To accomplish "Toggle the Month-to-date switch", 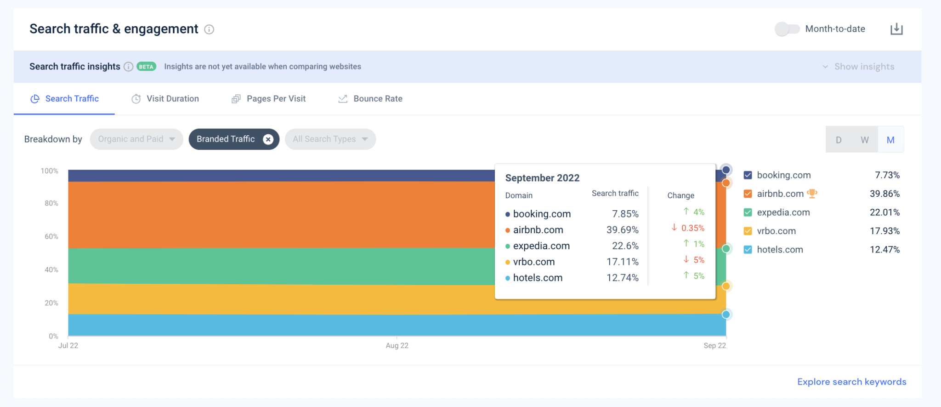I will [787, 29].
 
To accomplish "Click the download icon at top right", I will [896, 29].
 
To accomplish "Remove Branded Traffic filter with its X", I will [268, 139].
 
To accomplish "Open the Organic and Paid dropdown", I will [136, 139].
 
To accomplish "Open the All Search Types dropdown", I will [330, 139].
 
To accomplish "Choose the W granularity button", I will [864, 140].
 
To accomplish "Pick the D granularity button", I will [839, 140].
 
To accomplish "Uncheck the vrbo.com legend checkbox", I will [748, 231].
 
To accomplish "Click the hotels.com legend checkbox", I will [748, 250].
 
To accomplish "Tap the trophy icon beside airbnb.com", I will [812, 194].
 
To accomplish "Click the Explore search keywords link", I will [851, 382].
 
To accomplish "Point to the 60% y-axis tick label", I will [51, 236].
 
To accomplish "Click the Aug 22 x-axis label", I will [397, 346].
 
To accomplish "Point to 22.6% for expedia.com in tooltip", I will [625, 246].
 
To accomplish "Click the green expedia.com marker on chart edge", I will [726, 249].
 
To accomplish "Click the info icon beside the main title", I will [209, 29].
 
